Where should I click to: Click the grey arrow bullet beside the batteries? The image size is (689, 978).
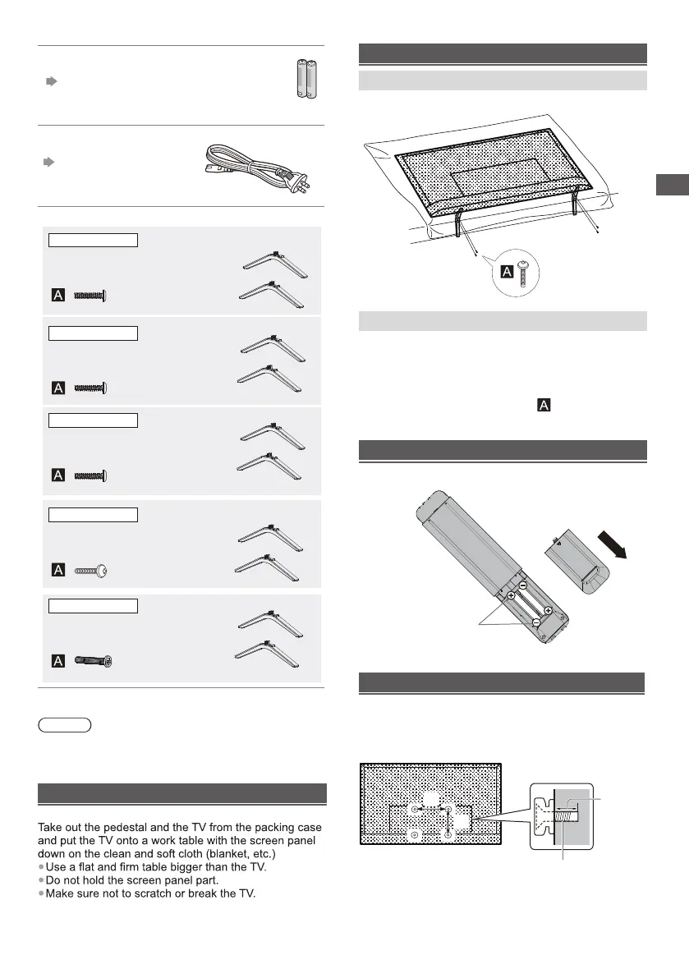tap(50, 82)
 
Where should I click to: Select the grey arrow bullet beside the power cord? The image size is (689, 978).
tap(50, 162)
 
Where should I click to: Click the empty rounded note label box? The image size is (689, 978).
tap(65, 725)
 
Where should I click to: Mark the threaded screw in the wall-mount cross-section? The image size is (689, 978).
tap(563, 815)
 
